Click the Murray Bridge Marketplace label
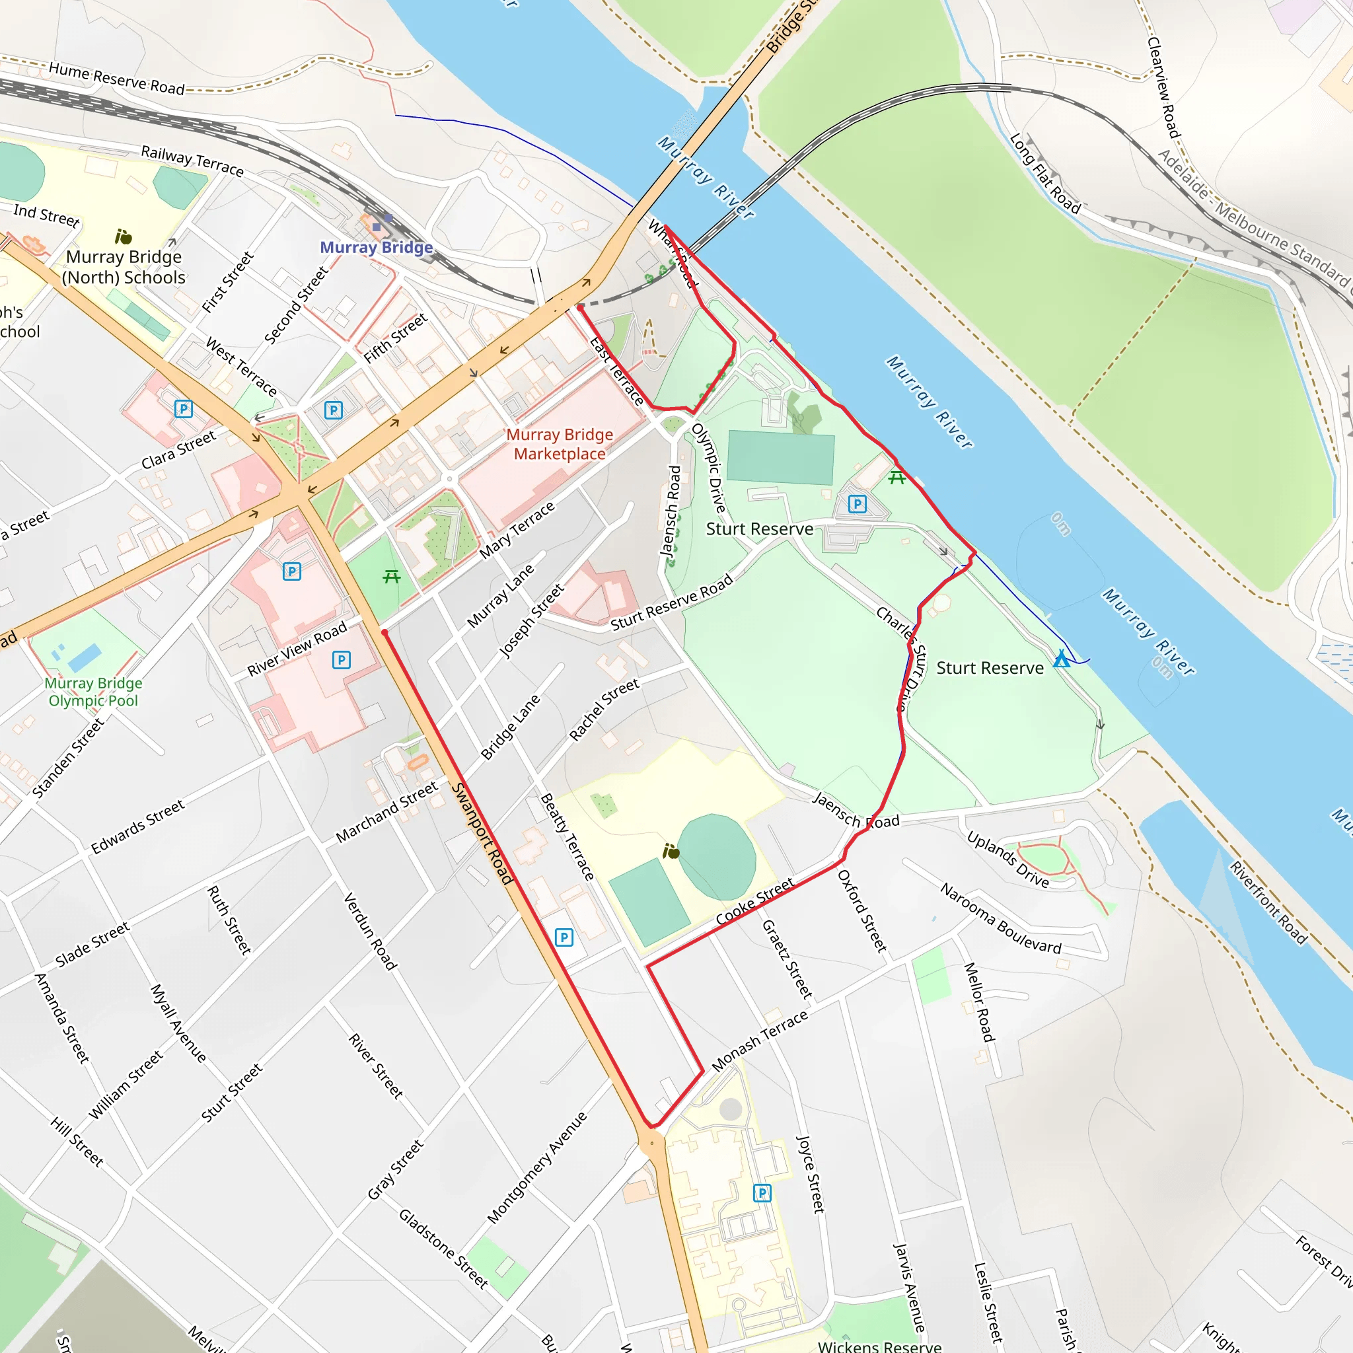[x=560, y=444]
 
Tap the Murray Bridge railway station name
[x=376, y=247]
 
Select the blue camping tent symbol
[x=1062, y=659]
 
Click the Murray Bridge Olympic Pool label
[x=93, y=691]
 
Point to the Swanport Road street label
[x=482, y=833]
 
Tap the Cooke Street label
[x=755, y=901]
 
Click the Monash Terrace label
[x=760, y=1041]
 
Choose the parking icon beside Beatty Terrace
[x=564, y=937]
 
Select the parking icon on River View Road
[x=341, y=660]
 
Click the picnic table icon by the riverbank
[x=896, y=478]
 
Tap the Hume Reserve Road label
[x=116, y=79]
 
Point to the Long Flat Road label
[x=1045, y=173]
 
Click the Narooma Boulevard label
[x=1001, y=919]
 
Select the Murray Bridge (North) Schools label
[x=124, y=267]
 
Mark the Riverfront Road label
[x=1268, y=902]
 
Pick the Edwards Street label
[x=138, y=826]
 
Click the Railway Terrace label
[x=193, y=161]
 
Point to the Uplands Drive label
[x=1007, y=859]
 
